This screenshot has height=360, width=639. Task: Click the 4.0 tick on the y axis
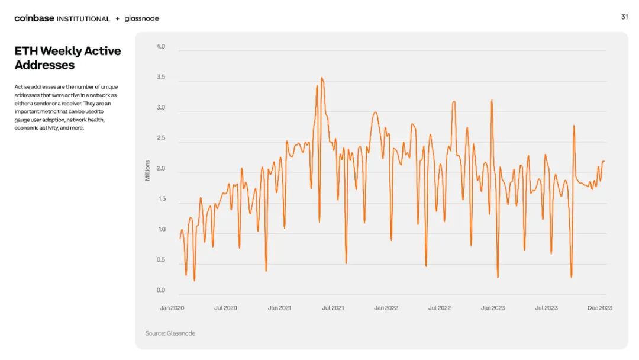(160, 46)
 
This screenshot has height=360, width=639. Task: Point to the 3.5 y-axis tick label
(160, 77)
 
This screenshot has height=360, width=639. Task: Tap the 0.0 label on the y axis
(160, 290)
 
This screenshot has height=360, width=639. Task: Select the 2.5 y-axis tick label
(160, 138)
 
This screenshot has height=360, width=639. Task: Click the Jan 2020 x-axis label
(172, 308)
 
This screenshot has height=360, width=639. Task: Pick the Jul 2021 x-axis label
(333, 308)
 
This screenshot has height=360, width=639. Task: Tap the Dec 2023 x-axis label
(600, 308)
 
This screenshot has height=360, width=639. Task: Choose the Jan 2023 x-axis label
(493, 308)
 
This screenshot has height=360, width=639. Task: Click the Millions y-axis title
(147, 171)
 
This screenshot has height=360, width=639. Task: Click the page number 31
(624, 17)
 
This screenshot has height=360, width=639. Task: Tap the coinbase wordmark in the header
(34, 18)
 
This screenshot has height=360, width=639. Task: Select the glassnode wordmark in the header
(142, 18)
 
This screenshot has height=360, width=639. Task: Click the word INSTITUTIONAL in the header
(83, 19)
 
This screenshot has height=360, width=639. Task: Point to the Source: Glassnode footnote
(170, 333)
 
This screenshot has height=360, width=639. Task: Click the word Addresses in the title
(44, 65)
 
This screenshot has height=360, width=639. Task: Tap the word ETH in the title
(26, 51)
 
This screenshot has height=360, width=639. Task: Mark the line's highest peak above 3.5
(322, 78)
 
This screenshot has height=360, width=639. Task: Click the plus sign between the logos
(117, 18)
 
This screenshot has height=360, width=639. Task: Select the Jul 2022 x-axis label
(439, 308)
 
